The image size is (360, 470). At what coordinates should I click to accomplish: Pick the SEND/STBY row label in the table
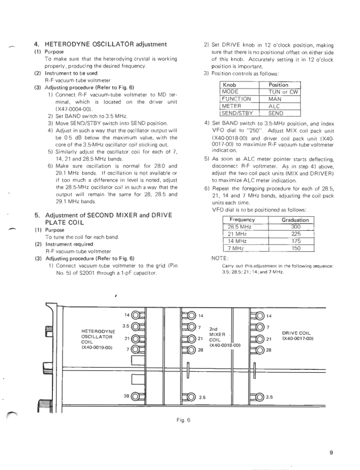click(x=238, y=113)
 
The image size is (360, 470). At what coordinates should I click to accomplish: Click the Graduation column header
click(x=295, y=220)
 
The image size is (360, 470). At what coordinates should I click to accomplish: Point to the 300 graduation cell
click(x=295, y=227)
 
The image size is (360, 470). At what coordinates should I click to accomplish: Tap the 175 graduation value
click(x=295, y=241)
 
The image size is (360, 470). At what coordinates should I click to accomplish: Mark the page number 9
click(x=331, y=452)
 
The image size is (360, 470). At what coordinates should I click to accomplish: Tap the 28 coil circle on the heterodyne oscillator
click(x=136, y=396)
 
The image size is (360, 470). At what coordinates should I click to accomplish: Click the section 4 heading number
click(x=36, y=44)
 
